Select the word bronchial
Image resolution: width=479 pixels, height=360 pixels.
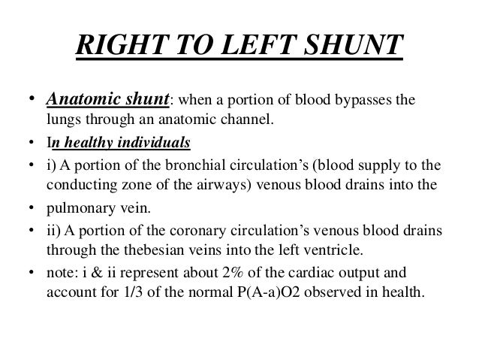coord(184,164)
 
